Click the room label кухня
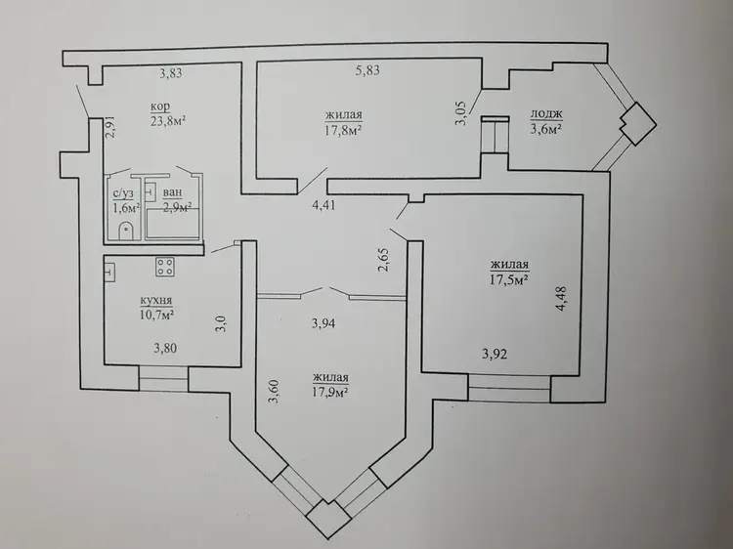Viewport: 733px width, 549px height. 156,301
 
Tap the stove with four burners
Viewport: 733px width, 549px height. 165,267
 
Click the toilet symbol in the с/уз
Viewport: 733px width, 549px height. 126,232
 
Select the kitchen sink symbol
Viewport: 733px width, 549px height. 109,272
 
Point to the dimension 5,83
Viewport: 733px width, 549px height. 367,70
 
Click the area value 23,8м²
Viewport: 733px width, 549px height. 166,120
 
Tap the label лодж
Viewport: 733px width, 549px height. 546,114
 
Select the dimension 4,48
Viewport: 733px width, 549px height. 561,299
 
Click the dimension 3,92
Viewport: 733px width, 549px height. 495,355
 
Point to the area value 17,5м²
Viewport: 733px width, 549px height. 510,279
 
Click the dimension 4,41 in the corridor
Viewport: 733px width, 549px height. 324,204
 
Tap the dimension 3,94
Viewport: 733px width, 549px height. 323,323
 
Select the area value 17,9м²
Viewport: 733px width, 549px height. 331,391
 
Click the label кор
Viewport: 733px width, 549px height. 160,107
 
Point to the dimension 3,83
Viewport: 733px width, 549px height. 171,73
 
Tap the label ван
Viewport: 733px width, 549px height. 172,192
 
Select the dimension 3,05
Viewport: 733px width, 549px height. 461,113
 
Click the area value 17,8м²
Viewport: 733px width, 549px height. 344,129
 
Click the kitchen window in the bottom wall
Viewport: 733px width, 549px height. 163,378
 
